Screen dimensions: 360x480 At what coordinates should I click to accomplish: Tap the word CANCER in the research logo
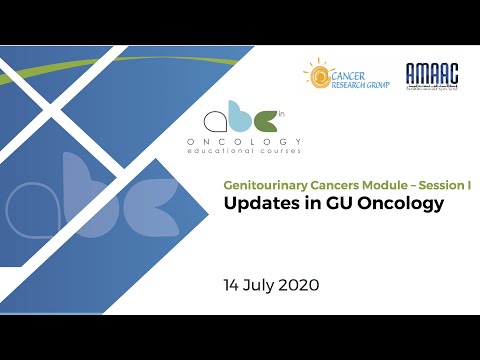coord(351,73)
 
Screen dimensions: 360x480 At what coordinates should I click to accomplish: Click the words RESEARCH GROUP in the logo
coord(360,85)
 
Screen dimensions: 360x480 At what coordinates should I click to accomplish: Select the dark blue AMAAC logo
coord(431,76)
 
